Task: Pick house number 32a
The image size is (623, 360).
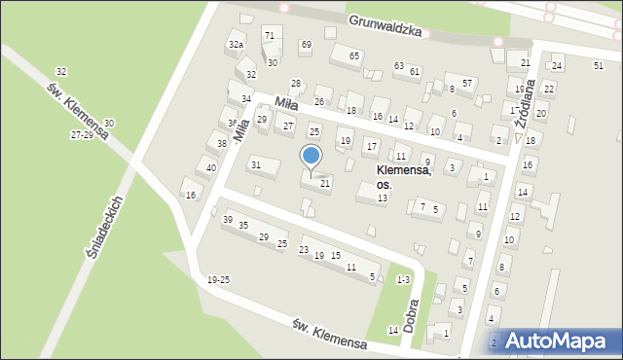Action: point(236,45)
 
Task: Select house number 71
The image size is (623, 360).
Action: point(269,36)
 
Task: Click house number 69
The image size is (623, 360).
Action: point(306,45)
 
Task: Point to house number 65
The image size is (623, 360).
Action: point(354,55)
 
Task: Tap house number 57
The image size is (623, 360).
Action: point(467,83)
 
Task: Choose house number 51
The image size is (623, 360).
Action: point(598,64)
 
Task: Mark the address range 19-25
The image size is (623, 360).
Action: point(218,280)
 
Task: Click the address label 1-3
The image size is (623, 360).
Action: point(403,280)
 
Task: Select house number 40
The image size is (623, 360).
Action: point(211,167)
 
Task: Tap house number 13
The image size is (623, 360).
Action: point(383,198)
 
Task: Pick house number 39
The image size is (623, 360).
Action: point(228,220)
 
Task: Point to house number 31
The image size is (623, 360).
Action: point(256,164)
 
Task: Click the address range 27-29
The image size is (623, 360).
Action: point(82,135)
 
